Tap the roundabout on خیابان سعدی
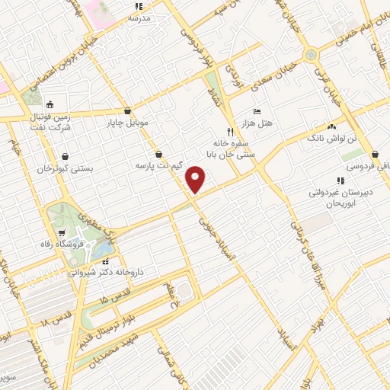[311, 54]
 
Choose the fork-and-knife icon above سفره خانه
[230, 130]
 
